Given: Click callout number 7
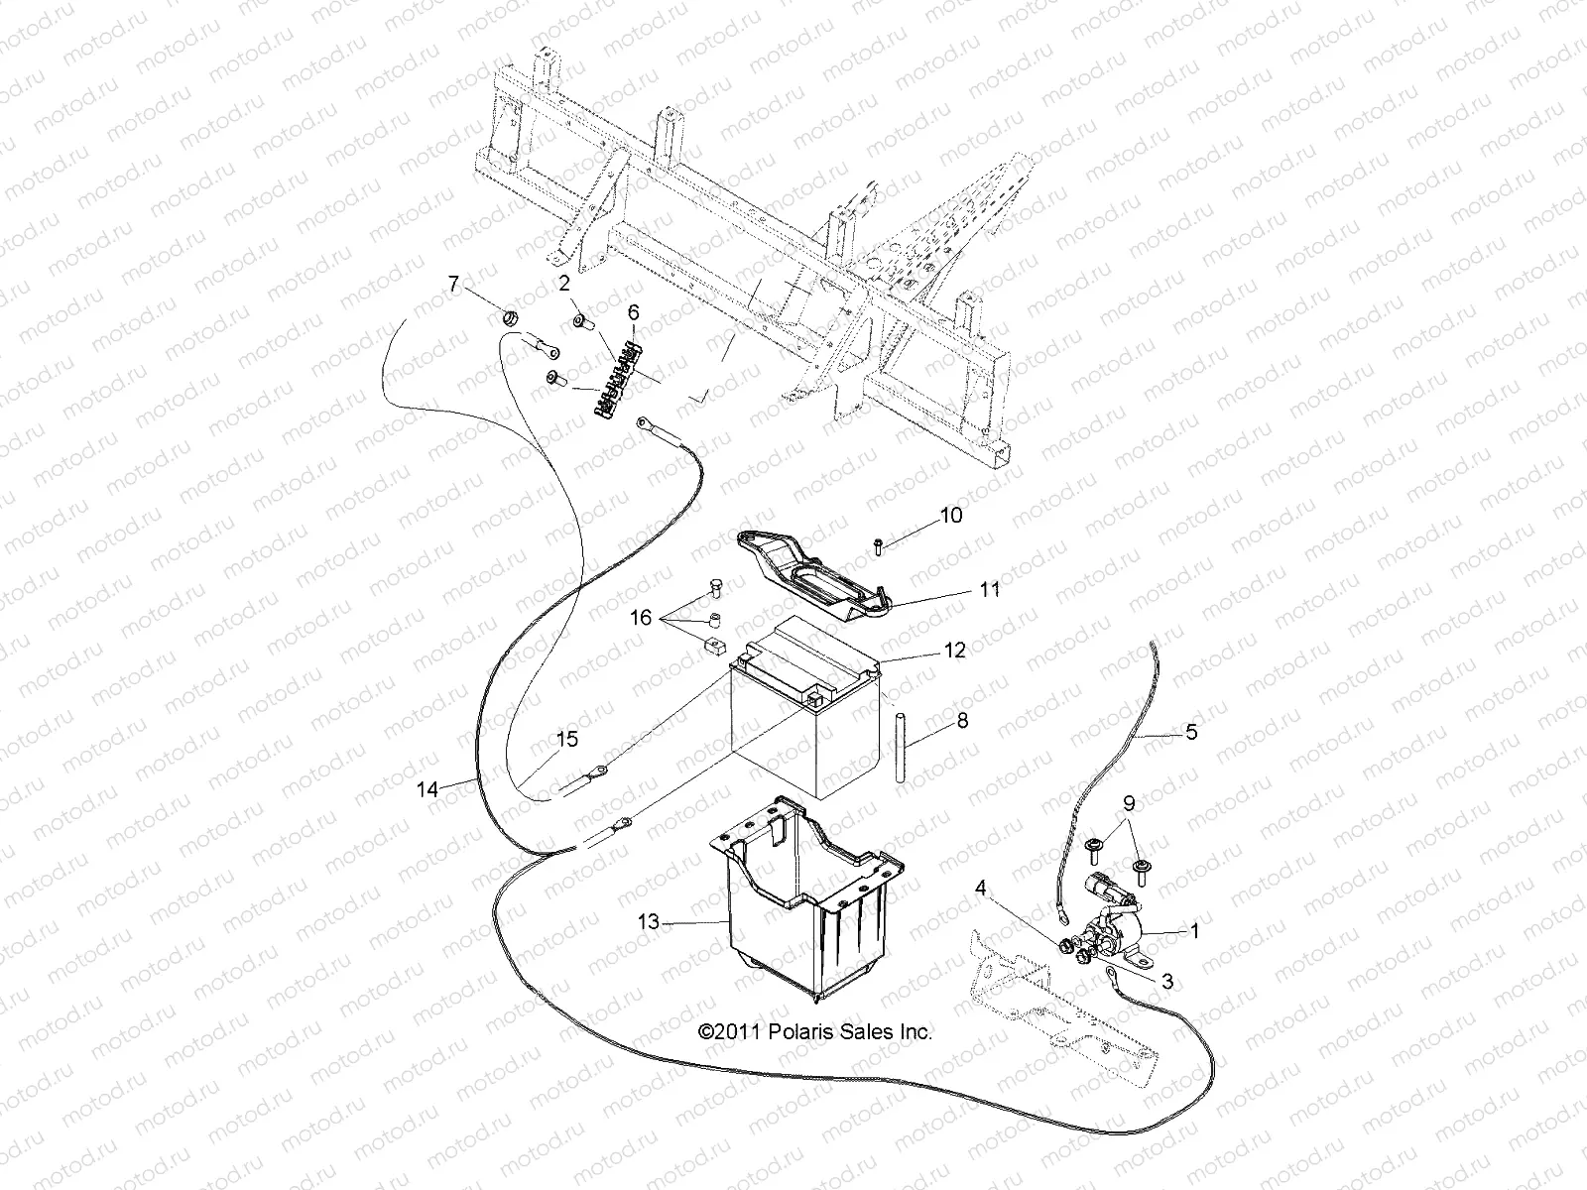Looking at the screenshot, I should coord(454,286).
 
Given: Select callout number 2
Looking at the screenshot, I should coord(564,284).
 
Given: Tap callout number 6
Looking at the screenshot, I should coord(633,313).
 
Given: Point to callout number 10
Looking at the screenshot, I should coord(950,516).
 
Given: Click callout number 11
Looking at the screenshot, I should coord(989,590).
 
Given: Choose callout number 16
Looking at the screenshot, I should coord(641,618).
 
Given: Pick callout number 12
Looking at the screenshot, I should coord(954,651).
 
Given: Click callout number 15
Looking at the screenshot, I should coord(566,739).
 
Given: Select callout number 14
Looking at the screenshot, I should coord(427,790).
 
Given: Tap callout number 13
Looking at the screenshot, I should coord(648,922).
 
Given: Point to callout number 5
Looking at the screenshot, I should coord(1191,732).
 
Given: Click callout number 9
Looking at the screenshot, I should coord(1128,803).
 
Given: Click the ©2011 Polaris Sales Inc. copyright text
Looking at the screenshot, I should coord(815,1032).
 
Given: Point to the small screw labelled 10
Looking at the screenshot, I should coord(879,544).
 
